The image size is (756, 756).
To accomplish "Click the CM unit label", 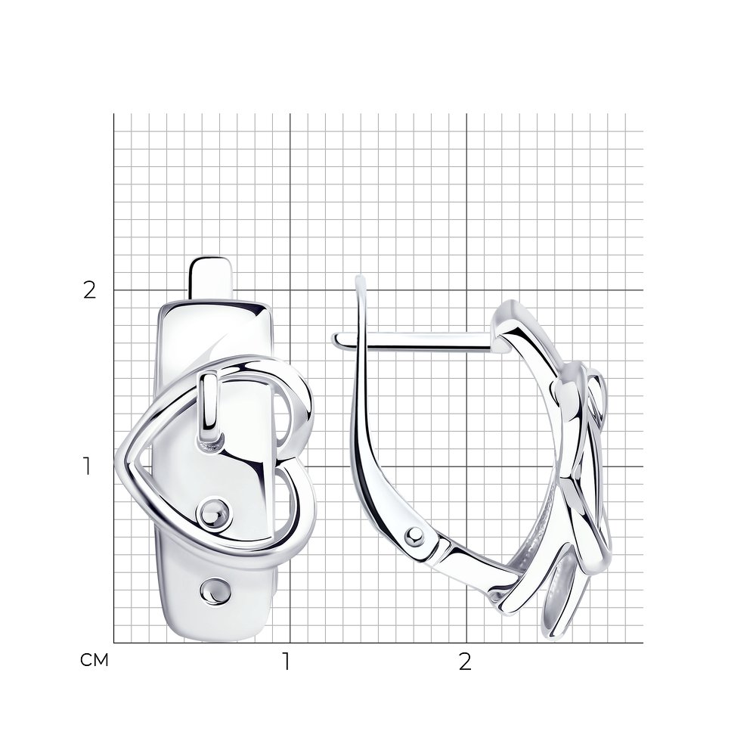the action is [94, 660].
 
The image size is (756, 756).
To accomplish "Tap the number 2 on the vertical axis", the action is [90, 290].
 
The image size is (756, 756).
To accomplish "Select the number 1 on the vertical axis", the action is [87, 466].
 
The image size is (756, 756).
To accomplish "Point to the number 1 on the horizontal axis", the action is [287, 662].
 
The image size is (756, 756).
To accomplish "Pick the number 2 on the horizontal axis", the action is [464, 662].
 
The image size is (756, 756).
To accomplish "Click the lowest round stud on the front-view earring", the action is [215, 590].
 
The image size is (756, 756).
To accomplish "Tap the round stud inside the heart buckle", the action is [214, 513].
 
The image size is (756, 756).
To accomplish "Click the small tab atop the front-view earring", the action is [211, 277].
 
